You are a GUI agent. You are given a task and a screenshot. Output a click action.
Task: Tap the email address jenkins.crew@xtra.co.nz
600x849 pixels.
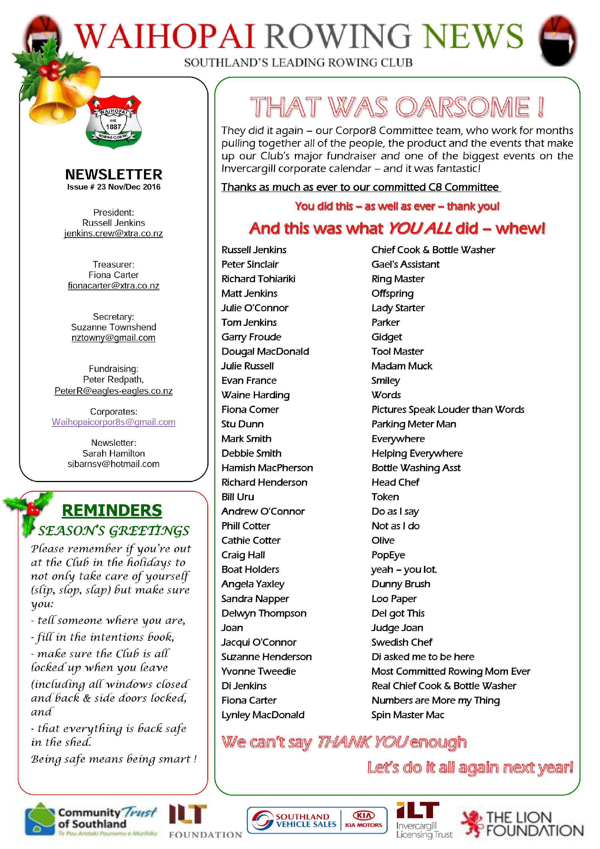pos(113,233)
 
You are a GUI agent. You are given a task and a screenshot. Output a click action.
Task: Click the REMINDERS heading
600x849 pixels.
pos(112,510)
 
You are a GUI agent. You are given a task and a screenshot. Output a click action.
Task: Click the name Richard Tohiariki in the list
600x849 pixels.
pos(258,279)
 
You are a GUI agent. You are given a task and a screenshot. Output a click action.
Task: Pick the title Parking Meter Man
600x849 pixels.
pos(414,424)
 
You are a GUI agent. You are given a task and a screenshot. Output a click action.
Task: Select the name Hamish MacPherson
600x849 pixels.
pos(267,468)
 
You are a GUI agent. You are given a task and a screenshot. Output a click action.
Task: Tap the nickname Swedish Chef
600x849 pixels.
pos(401,642)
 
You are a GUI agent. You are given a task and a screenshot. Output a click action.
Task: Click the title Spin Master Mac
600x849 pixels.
pos(407,715)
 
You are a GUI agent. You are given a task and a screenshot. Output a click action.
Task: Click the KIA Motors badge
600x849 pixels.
pos(363,820)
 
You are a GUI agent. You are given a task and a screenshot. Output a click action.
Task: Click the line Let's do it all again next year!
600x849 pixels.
pos(470,767)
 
